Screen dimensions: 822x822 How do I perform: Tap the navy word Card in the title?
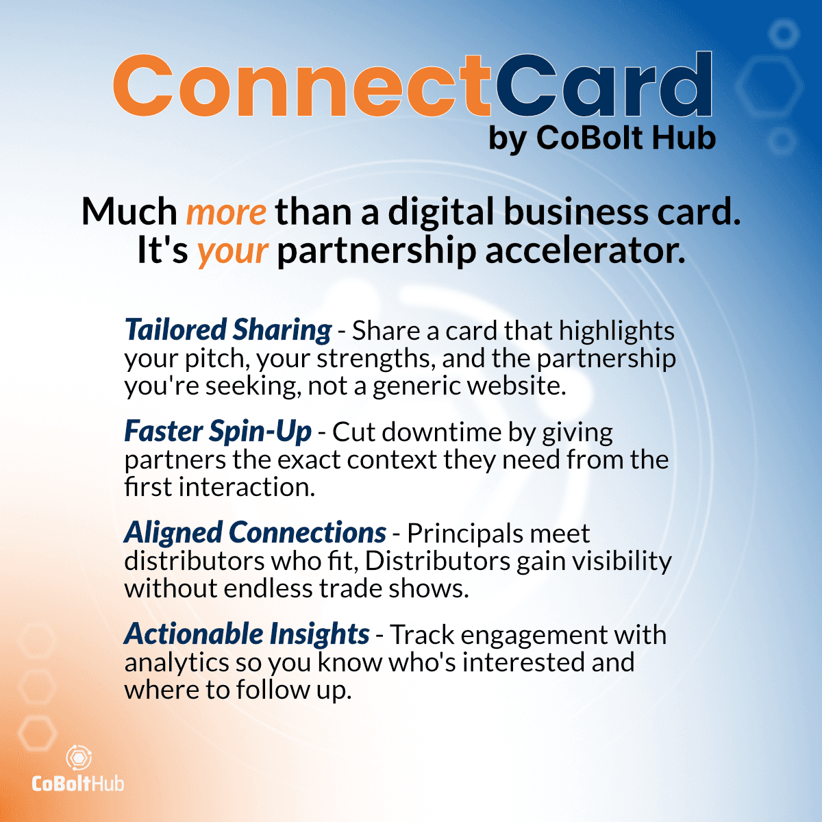pos(603,84)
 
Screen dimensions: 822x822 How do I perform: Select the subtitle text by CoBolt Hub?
pos(602,138)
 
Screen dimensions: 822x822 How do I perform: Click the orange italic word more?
pos(227,212)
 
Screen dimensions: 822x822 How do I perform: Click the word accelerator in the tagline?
pos(585,251)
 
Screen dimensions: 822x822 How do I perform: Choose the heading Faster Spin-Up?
pos(218,432)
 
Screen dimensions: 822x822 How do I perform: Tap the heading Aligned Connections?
pos(255,533)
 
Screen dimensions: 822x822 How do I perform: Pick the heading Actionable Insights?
pos(247,634)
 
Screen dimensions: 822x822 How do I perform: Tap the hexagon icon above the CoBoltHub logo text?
pos(79,758)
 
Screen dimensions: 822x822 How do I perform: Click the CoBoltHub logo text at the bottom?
pos(77,784)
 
